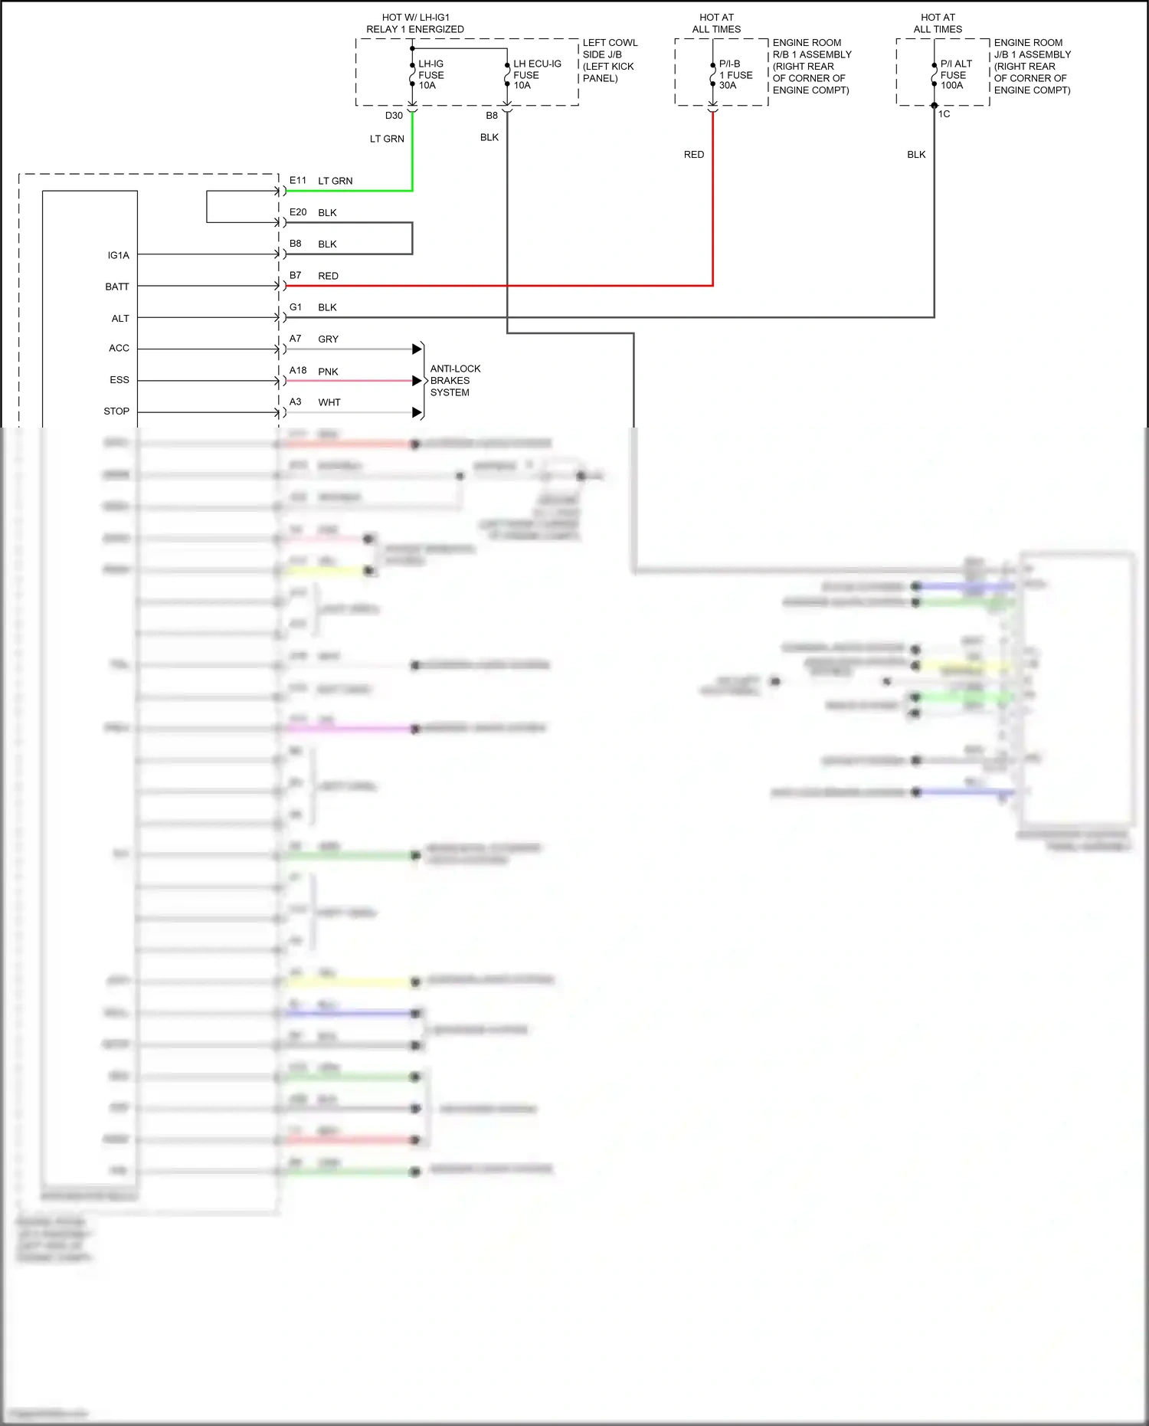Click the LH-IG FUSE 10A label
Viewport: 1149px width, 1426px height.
click(430, 74)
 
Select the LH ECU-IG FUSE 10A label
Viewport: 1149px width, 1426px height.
click(536, 74)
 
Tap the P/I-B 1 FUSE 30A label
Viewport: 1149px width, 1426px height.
click(735, 74)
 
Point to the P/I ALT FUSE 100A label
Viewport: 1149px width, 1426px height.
click(955, 74)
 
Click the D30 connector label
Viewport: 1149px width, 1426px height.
click(394, 116)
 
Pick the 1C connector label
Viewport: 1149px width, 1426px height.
click(944, 114)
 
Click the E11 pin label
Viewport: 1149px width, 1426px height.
click(298, 181)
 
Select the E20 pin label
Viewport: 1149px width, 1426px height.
click(298, 212)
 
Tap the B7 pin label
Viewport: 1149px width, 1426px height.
click(296, 275)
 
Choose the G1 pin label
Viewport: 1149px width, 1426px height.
click(296, 307)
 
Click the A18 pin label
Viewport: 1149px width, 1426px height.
click(298, 371)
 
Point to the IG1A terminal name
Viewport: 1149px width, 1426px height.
click(119, 255)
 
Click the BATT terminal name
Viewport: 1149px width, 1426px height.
click(117, 287)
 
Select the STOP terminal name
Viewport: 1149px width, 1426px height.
click(116, 411)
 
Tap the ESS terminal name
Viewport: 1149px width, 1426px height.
click(119, 380)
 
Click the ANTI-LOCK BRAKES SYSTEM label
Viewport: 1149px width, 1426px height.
click(455, 380)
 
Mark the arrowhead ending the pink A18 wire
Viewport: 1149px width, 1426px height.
click(417, 381)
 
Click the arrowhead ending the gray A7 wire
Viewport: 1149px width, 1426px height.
click(417, 349)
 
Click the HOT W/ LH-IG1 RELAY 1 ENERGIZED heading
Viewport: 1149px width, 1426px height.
click(415, 23)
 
